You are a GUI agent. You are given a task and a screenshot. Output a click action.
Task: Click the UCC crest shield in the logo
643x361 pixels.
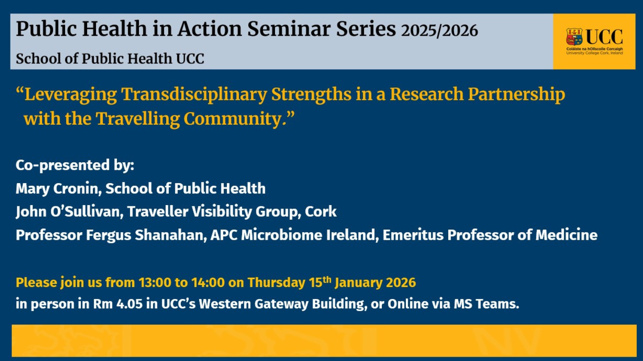[x=574, y=37]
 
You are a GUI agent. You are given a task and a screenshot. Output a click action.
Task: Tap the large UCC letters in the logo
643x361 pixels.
[x=604, y=37]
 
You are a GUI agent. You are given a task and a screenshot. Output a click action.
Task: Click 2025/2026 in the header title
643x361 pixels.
[x=439, y=30]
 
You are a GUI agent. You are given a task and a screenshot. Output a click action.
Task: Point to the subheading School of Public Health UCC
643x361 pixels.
[x=110, y=58]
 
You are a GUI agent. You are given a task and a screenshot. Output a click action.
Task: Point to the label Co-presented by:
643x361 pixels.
[x=75, y=165]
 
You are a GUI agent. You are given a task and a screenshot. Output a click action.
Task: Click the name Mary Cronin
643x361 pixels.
[x=58, y=189]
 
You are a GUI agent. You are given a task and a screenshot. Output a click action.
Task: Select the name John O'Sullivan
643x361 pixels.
[x=68, y=212]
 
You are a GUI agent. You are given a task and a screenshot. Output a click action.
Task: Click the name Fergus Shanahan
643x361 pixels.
[x=162, y=235]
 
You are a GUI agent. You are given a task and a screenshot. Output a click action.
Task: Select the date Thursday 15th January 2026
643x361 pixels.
[x=331, y=283]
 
